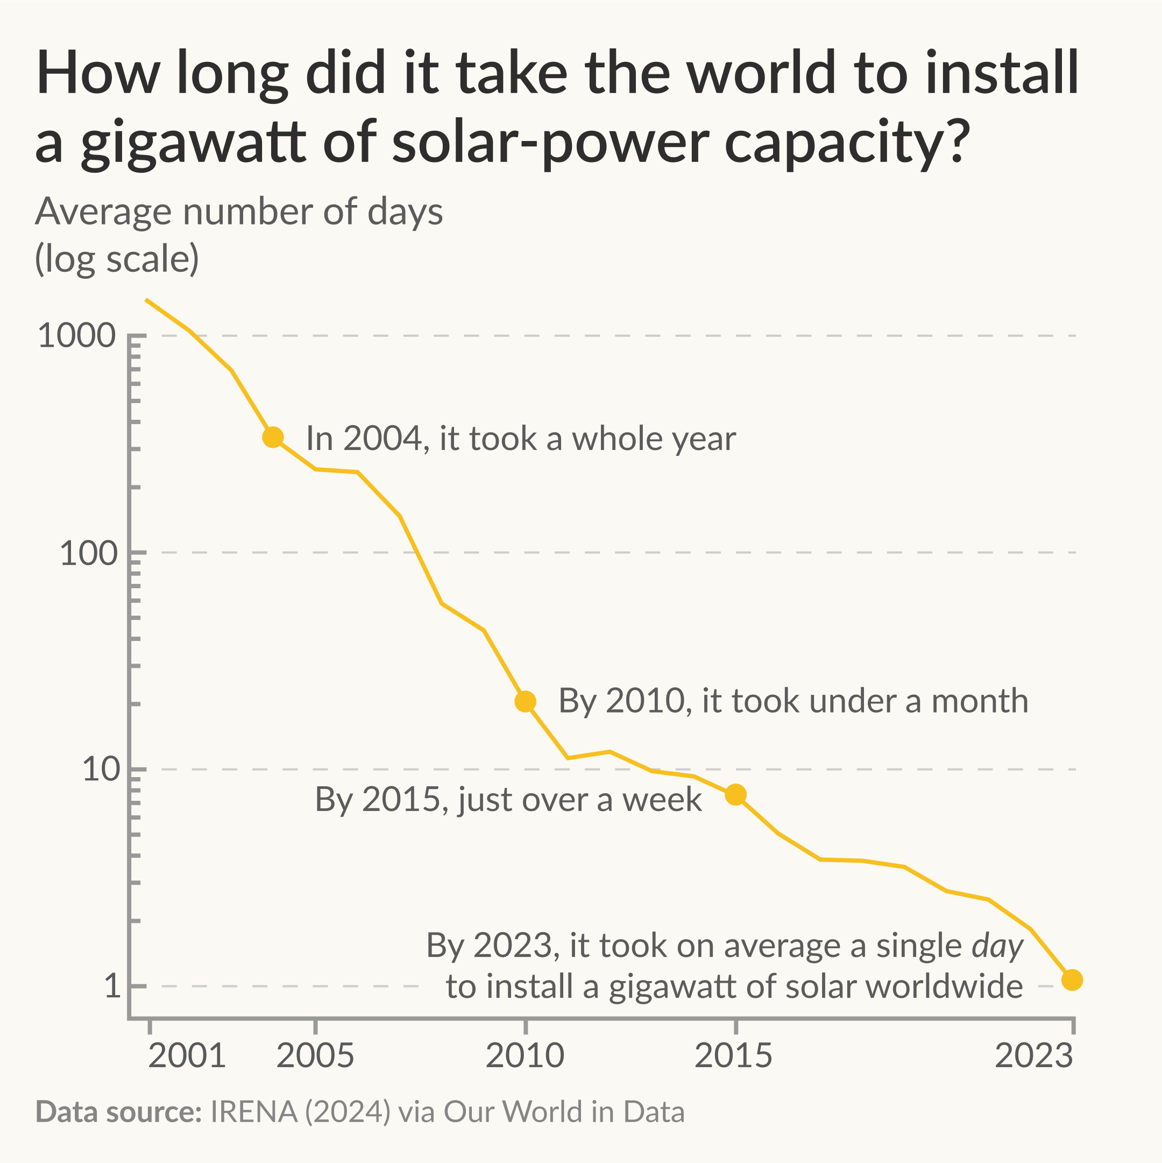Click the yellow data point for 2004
(x=273, y=437)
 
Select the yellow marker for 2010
(x=526, y=701)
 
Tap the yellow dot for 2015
(x=735, y=794)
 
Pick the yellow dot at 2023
(x=1072, y=980)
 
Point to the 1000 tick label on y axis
(x=76, y=335)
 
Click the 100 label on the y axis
(x=88, y=553)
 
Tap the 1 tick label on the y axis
(x=112, y=986)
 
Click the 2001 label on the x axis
(x=187, y=1056)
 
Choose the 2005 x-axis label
(x=315, y=1056)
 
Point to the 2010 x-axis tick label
(x=525, y=1056)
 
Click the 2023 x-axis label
(x=1034, y=1056)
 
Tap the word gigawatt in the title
(x=194, y=143)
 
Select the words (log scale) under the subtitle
(x=117, y=259)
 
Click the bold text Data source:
(x=118, y=1112)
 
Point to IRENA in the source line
(x=253, y=1112)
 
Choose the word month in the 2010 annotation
(x=980, y=701)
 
